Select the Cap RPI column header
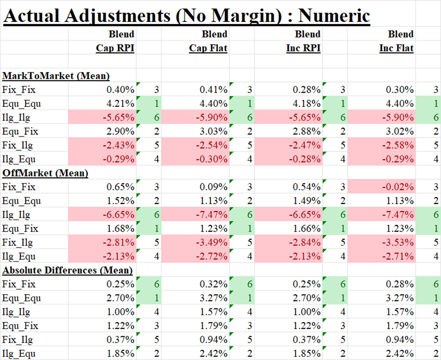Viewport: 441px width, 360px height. [115, 48]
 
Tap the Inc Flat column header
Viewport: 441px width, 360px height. [396, 48]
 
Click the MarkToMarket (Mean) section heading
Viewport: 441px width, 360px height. [56, 76]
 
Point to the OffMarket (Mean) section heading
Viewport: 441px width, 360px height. [45, 173]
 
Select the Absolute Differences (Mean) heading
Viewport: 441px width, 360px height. [67, 270]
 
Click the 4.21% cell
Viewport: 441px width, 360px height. [120, 104]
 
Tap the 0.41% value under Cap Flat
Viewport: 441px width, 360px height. [214, 90]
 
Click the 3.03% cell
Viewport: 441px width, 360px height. [214, 131]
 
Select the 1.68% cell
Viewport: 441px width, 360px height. [120, 229]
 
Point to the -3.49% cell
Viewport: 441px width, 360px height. [212, 242]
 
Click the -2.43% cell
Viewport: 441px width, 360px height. [119, 145]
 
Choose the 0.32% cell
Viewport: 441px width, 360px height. [214, 284]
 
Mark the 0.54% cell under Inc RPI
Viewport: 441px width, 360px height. [307, 187]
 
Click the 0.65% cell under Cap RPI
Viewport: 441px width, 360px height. [120, 187]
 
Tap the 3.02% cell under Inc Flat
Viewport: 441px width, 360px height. [400, 131]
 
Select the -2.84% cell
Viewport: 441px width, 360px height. [305, 242]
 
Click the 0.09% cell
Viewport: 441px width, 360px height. [214, 187]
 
